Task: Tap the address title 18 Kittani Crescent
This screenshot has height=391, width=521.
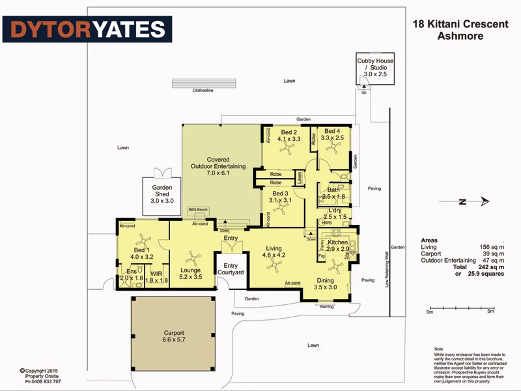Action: [x=460, y=24]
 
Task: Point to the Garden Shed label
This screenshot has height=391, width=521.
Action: [x=162, y=194]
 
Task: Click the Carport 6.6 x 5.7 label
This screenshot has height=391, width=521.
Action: [x=174, y=336]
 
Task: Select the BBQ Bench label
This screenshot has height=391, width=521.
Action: [x=197, y=210]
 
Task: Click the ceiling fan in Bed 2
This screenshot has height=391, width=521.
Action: [x=284, y=149]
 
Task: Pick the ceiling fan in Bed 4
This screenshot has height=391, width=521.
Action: [x=333, y=149]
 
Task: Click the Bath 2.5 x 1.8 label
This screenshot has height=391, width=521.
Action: [x=333, y=193]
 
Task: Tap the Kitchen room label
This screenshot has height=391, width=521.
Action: [x=338, y=246]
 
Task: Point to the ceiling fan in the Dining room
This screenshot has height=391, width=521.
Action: [x=336, y=265]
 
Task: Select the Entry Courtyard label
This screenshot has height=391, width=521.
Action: [x=231, y=269]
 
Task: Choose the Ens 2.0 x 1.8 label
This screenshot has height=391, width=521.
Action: [x=131, y=275]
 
